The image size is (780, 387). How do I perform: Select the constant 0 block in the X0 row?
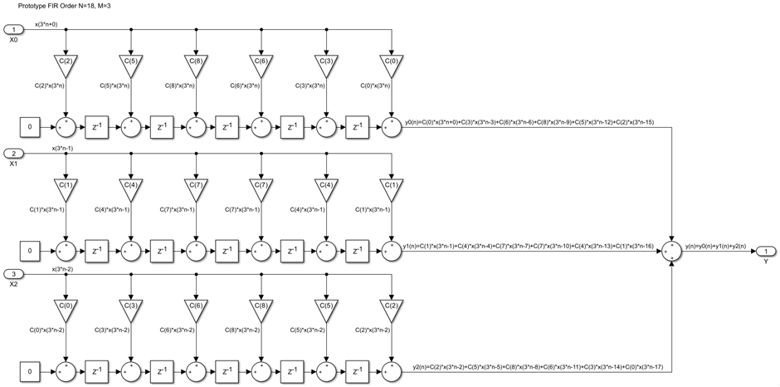31,128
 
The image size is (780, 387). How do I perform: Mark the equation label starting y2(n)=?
531,366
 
